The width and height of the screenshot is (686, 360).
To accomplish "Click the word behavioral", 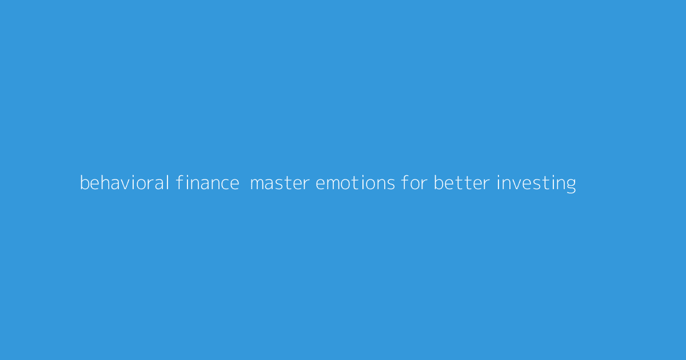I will coord(124,183).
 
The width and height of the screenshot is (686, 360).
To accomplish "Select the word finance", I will coord(208,183).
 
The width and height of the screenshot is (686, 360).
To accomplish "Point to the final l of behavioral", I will coord(167,183).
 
